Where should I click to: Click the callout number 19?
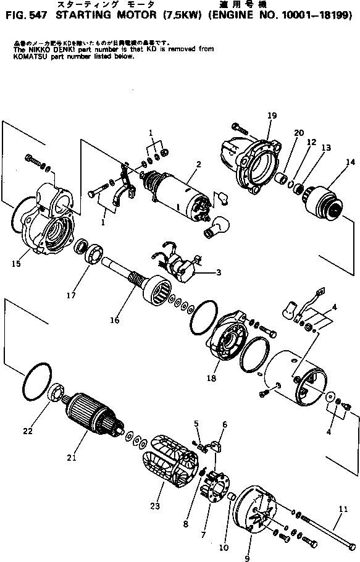tap(272, 116)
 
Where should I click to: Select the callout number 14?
tap(350, 162)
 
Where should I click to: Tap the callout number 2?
tap(198, 164)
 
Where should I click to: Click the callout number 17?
tap(72, 296)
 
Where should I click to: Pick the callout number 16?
tap(114, 321)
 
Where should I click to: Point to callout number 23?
tap(154, 505)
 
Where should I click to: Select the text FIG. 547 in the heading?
tap(20, 15)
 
